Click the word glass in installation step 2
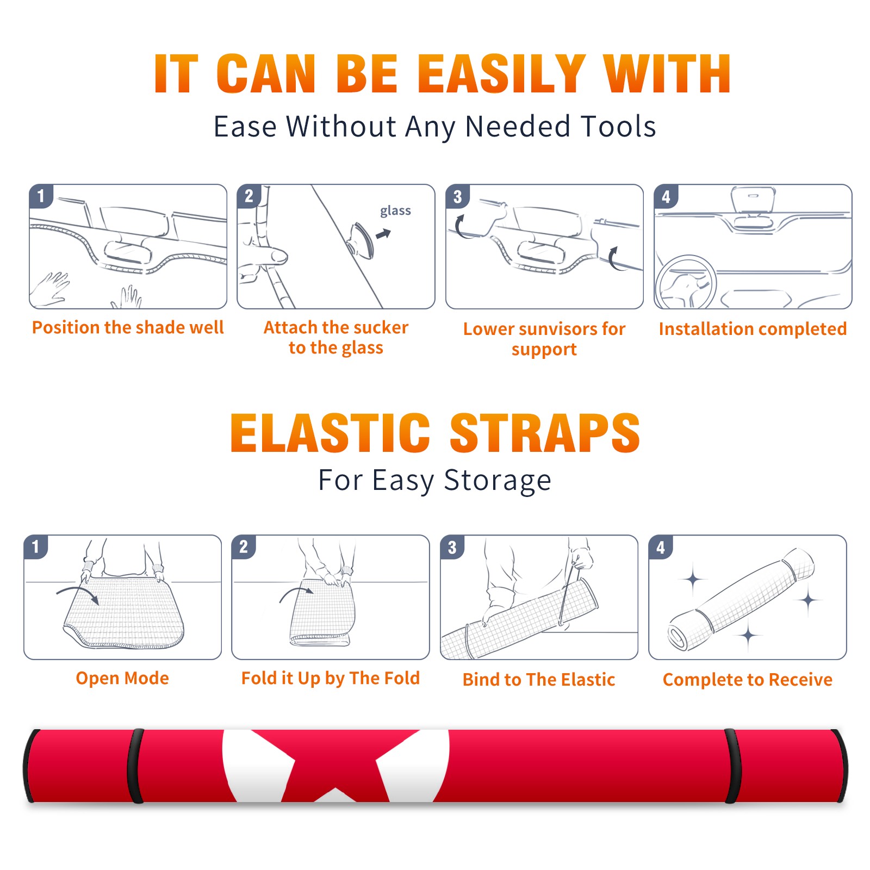tap(395, 211)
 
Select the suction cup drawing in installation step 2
tap(361, 240)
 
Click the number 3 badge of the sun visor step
tap(457, 197)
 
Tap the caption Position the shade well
tap(128, 327)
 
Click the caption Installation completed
tap(753, 329)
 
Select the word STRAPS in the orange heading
tap(545, 433)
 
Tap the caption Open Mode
tap(122, 678)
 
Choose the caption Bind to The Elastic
tap(539, 680)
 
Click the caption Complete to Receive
tap(748, 680)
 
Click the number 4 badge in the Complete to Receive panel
tap(661, 548)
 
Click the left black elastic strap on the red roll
tap(135, 766)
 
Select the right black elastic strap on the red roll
tap(732, 766)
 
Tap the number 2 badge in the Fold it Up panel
tap(244, 548)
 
